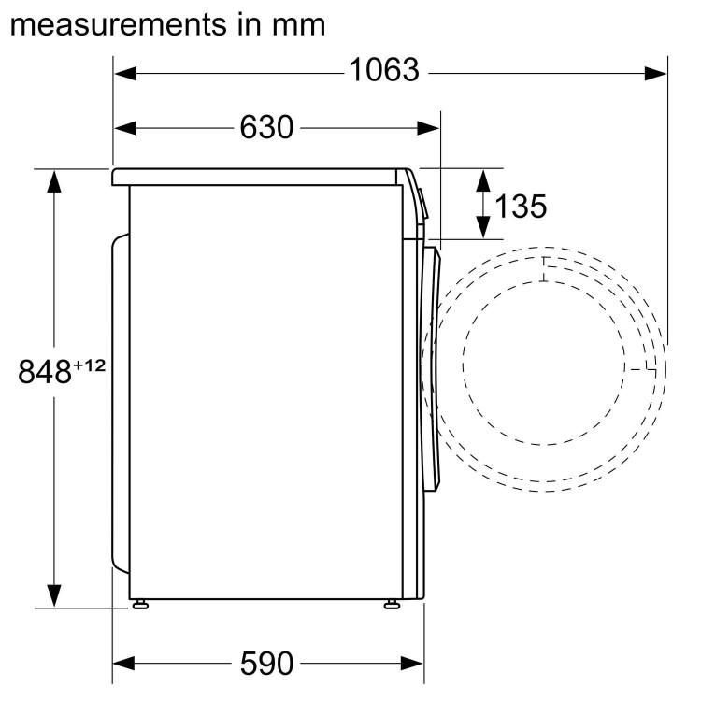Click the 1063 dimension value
[x=384, y=71]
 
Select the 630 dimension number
[x=266, y=127]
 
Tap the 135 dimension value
[x=521, y=206]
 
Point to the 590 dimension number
[x=266, y=664]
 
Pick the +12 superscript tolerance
[x=90, y=365]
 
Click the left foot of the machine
[x=141, y=604]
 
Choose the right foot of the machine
[x=390, y=604]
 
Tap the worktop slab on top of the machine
[x=262, y=176]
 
